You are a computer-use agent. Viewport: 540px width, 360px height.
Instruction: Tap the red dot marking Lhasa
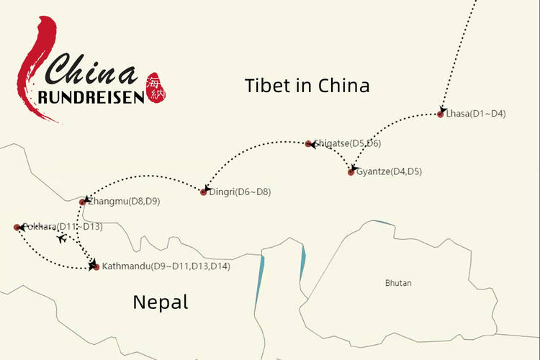441,114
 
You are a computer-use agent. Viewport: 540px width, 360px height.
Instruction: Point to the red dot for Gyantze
351,172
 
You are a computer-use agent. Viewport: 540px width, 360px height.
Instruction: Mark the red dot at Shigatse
308,144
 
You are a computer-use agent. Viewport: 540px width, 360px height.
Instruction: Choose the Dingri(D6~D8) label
240,192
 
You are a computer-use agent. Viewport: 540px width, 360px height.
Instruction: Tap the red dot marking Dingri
204,192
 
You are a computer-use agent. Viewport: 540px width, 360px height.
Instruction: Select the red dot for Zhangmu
82,202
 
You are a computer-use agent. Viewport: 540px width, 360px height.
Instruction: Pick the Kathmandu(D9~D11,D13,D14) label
166,267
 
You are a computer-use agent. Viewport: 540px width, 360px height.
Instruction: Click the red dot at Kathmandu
96,267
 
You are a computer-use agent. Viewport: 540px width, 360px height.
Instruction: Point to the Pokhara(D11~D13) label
63,227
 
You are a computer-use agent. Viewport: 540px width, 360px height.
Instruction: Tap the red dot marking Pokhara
17,227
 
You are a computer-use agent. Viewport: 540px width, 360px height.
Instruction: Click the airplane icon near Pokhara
62,238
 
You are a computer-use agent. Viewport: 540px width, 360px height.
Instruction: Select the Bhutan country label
398,283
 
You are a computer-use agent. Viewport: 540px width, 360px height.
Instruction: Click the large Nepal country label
160,302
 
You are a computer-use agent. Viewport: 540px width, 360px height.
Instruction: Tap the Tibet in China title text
307,86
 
